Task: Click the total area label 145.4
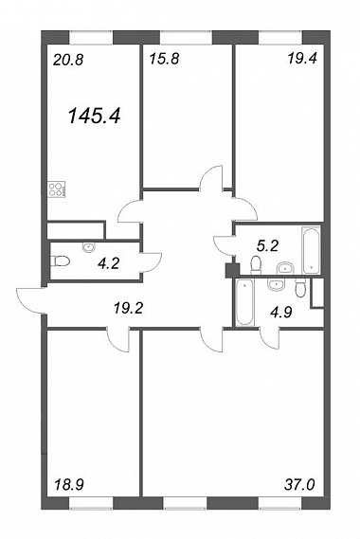pyautogui.click(x=95, y=116)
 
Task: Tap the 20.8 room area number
pyautogui.click(x=69, y=61)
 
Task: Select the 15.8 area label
pyautogui.click(x=164, y=59)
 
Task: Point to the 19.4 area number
pyautogui.click(x=302, y=59)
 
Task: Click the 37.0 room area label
pyautogui.click(x=299, y=485)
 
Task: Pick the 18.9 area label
pyautogui.click(x=69, y=485)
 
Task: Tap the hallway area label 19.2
pyautogui.click(x=128, y=309)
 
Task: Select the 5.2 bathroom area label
pyautogui.click(x=267, y=245)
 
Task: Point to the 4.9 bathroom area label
pyautogui.click(x=280, y=313)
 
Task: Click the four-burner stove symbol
pyautogui.click(x=57, y=189)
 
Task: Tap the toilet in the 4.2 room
pyautogui.click(x=61, y=261)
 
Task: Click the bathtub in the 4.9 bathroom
pyautogui.click(x=244, y=302)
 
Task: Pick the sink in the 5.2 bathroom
pyautogui.click(x=285, y=267)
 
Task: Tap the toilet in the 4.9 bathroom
pyautogui.click(x=300, y=287)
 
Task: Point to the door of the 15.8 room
pyautogui.click(x=211, y=178)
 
